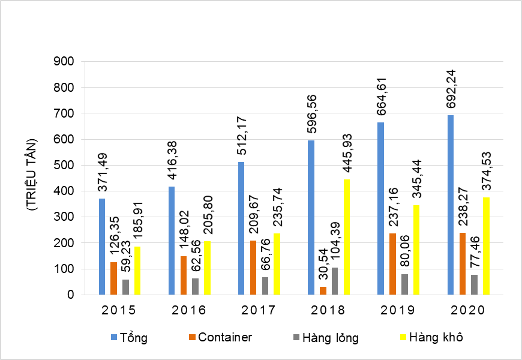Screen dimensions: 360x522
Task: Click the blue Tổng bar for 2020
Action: coord(451,205)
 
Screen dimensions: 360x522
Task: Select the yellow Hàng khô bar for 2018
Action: coord(346,237)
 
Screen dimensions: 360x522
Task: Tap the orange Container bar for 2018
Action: coord(323,291)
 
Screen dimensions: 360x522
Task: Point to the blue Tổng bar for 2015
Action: coord(102,247)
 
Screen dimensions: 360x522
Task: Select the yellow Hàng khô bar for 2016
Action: coord(207,268)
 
